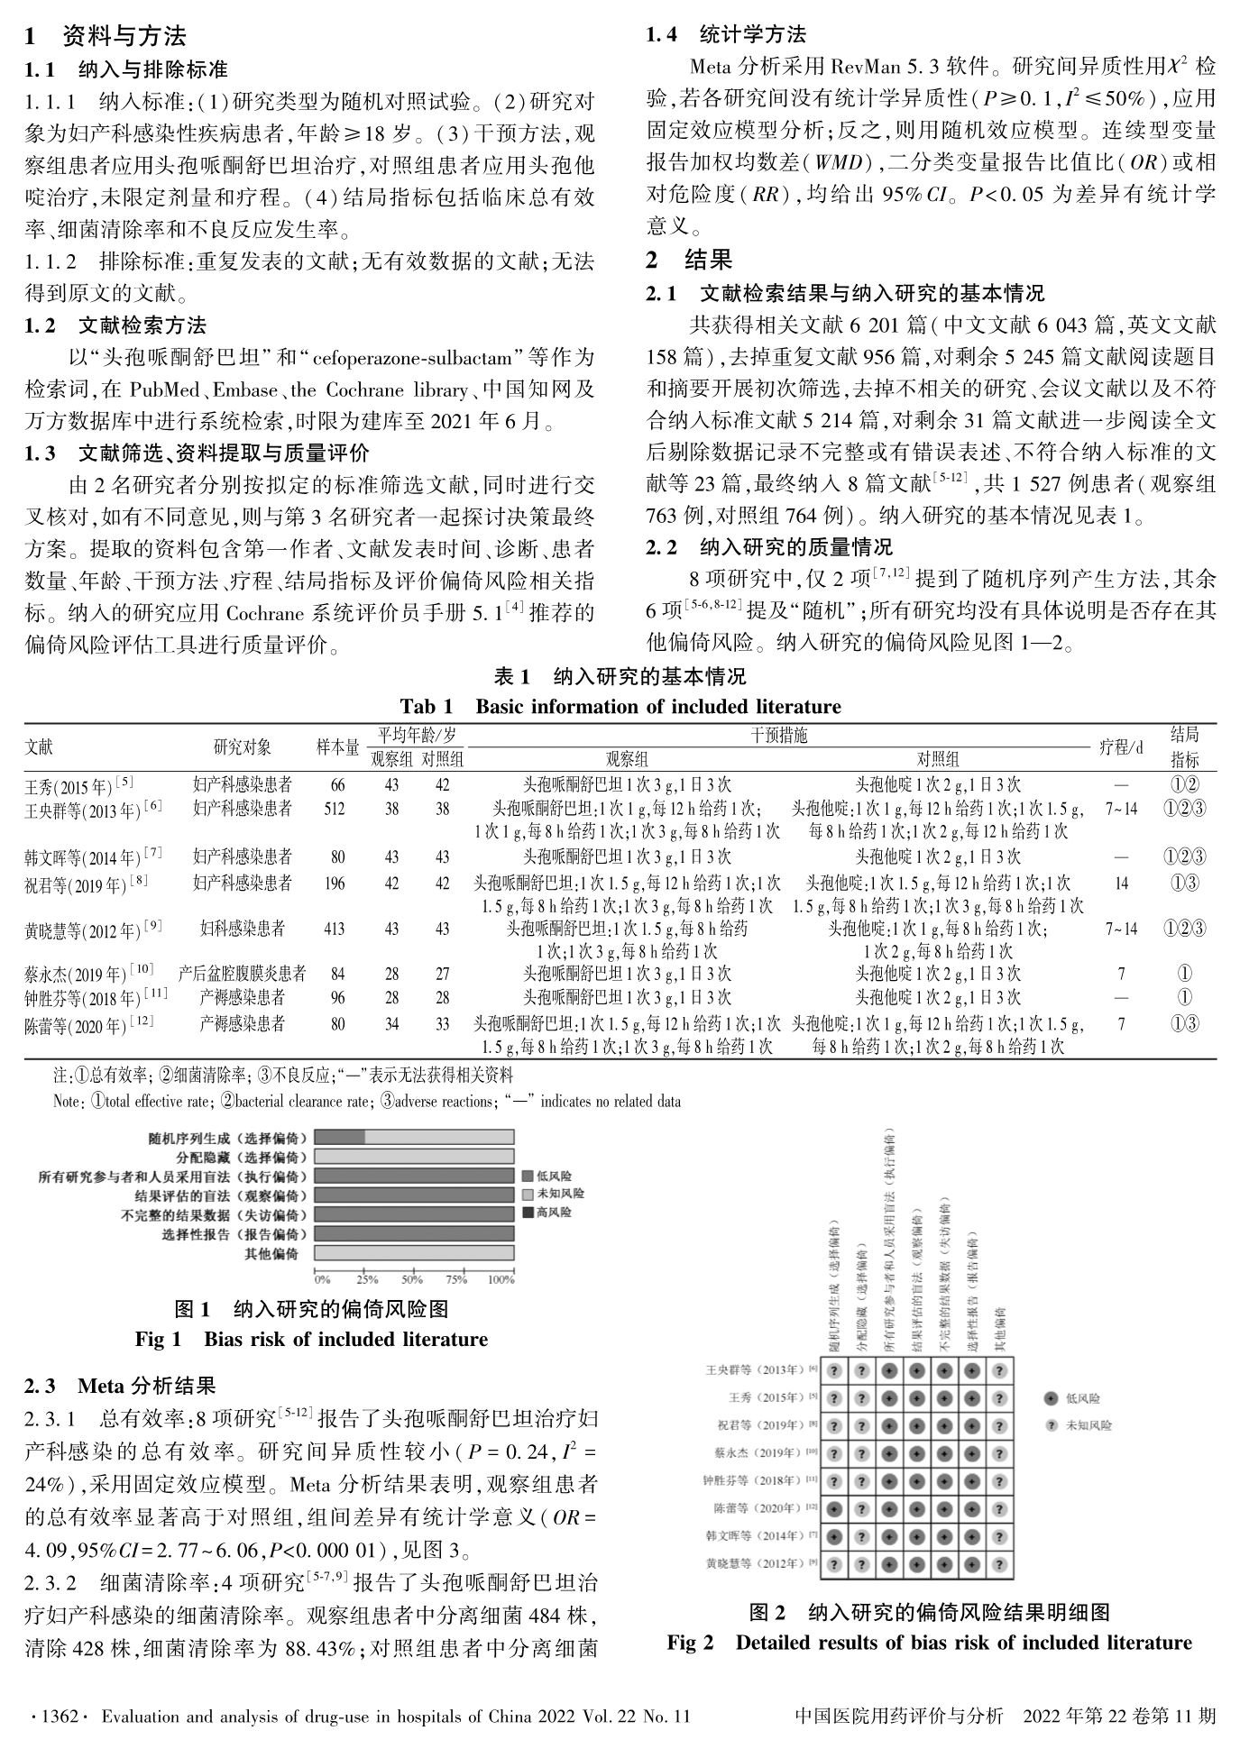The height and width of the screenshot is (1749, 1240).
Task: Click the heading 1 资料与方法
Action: pyautogui.click(x=106, y=37)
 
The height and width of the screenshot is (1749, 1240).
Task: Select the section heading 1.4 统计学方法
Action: pyautogui.click(x=726, y=35)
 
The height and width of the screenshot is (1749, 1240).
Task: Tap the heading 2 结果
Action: pyautogui.click(x=689, y=261)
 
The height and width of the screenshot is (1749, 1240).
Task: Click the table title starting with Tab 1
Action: pyautogui.click(x=620, y=706)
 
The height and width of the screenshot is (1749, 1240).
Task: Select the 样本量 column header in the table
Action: pyautogui.click(x=337, y=746)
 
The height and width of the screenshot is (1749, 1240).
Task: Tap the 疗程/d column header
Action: pyautogui.click(x=1121, y=746)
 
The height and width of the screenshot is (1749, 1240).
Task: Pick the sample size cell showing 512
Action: pyautogui.click(x=334, y=809)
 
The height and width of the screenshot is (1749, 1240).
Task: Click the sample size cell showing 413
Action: pyautogui.click(x=334, y=928)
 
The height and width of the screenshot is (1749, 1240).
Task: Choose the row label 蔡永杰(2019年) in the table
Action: pyautogui.click(x=88, y=974)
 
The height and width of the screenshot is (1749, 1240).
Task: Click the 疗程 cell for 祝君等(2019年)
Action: pyautogui.click(x=1121, y=884)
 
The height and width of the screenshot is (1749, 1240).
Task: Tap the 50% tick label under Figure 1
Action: pyautogui.click(x=412, y=1279)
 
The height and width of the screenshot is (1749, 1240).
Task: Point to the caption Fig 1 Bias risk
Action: pyautogui.click(x=311, y=1340)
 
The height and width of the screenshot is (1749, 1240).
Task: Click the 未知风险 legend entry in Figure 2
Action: pyautogui.click(x=1088, y=1425)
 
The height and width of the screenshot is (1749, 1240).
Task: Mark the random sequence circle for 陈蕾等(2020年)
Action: pyautogui.click(x=835, y=1507)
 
